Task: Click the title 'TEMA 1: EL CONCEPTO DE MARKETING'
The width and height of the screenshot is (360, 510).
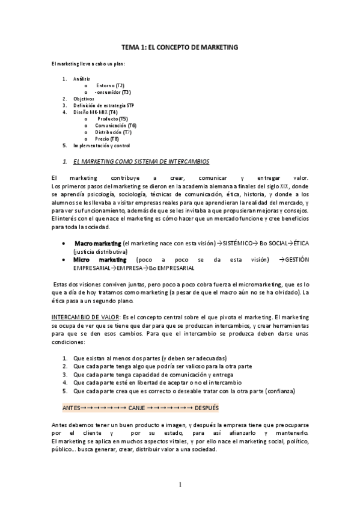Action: tap(180, 46)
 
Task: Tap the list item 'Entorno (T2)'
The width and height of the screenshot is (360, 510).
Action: tap(111, 85)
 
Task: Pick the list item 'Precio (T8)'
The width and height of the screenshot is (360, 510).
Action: tap(107, 138)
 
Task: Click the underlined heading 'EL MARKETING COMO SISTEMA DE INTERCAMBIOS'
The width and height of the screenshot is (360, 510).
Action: tap(141, 162)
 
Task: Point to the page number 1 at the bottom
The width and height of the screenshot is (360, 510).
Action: tap(180, 484)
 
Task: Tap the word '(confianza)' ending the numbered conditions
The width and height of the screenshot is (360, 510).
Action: tap(279, 390)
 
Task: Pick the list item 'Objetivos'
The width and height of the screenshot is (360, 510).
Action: tap(84, 99)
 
